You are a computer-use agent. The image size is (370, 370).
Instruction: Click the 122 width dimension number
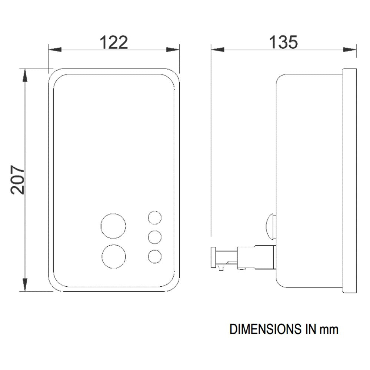pyautogui.click(x=114, y=43)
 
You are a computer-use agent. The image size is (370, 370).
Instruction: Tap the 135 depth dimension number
pyautogui.click(x=283, y=43)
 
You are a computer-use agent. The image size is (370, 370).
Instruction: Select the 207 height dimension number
pyautogui.click(x=18, y=180)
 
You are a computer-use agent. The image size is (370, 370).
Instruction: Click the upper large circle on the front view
pyautogui.click(x=113, y=226)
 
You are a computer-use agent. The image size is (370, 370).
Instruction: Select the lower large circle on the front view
pyautogui.click(x=114, y=257)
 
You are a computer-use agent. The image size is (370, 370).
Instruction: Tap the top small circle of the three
pyautogui.click(x=155, y=217)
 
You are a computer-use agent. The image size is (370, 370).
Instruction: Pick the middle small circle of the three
pyautogui.click(x=155, y=237)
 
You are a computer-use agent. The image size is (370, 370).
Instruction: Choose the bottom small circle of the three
pyautogui.click(x=155, y=257)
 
